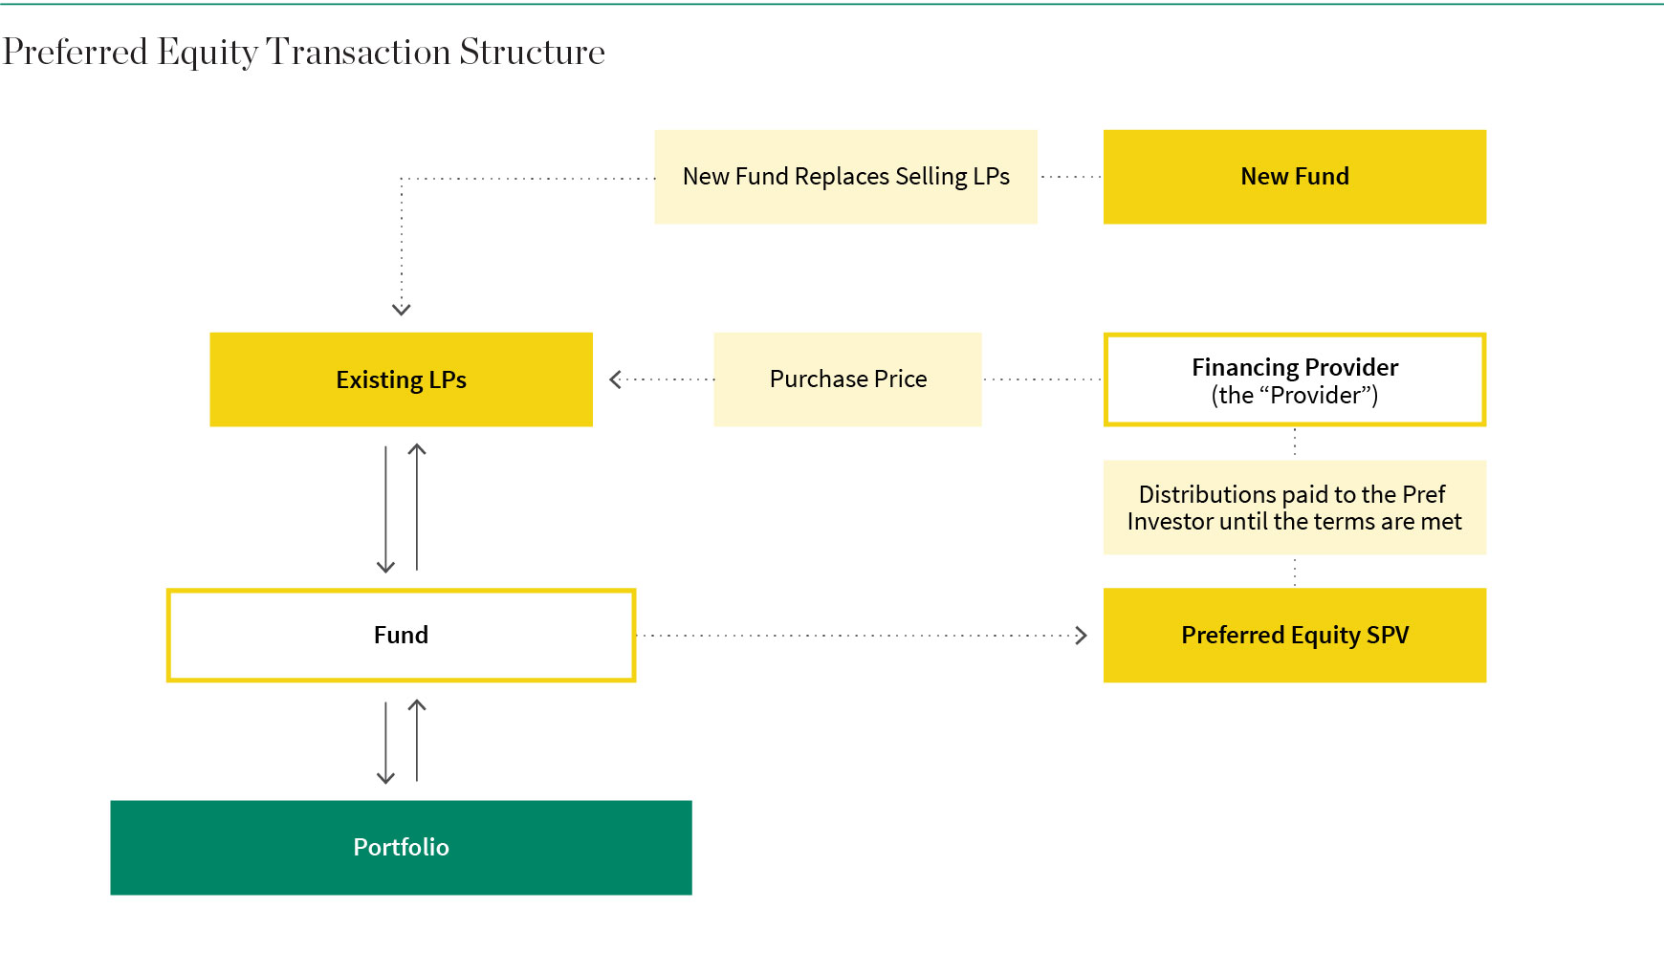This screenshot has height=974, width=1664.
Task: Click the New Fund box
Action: click(1295, 177)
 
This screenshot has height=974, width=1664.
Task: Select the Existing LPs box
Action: click(402, 379)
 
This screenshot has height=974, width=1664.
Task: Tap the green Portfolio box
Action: click(402, 848)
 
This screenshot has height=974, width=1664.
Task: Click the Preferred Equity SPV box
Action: click(1295, 635)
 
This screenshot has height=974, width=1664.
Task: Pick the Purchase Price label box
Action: click(848, 379)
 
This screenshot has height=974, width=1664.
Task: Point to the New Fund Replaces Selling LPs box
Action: click(846, 177)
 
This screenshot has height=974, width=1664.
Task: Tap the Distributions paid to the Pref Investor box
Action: click(1295, 508)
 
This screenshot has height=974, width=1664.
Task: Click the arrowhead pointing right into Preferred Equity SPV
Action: click(1082, 636)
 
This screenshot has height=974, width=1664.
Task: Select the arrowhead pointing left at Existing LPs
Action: click(615, 379)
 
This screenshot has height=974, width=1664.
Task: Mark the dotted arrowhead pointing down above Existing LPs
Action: click(402, 310)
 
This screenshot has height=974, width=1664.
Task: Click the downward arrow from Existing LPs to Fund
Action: click(386, 509)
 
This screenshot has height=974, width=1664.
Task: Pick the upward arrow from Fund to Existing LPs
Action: click(417, 507)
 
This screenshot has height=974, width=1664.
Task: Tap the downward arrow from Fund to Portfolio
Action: click(386, 743)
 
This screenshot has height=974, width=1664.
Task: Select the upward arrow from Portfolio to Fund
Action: click(417, 741)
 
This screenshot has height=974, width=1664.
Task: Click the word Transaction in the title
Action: click(358, 52)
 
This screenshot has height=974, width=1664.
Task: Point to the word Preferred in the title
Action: click(76, 52)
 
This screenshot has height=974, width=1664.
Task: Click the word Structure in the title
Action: click(533, 52)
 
